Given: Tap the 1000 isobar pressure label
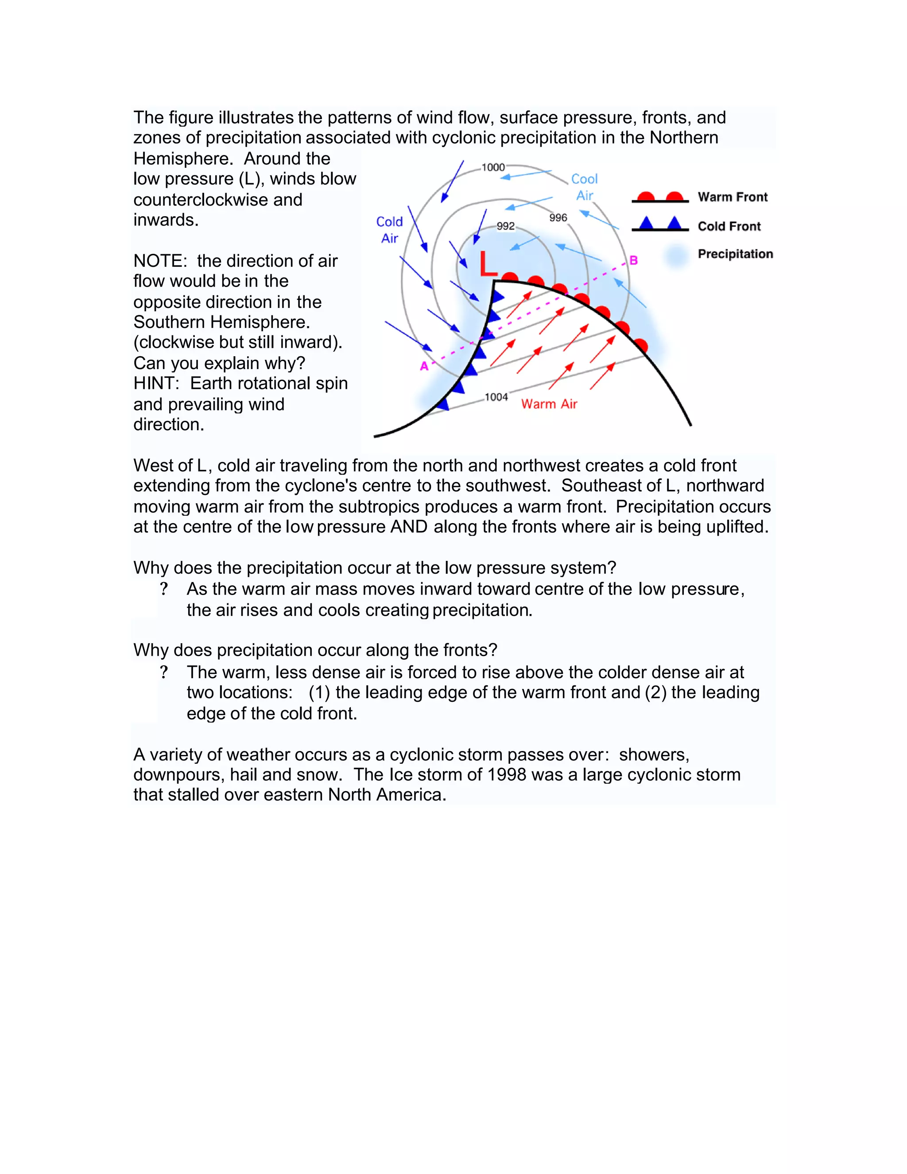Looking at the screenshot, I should point(493,167).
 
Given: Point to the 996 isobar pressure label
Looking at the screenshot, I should point(558,218).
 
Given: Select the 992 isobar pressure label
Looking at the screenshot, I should point(505,226).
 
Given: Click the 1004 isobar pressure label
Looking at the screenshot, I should point(496,397).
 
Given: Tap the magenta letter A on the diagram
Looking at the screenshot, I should point(424,366).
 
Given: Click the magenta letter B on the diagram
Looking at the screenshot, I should point(633,260).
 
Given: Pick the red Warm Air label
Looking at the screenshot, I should point(549,404).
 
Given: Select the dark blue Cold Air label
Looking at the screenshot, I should point(390,229).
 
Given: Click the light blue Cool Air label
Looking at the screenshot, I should point(584,187).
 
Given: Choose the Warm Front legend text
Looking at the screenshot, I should point(733,197).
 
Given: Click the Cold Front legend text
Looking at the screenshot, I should point(729,226).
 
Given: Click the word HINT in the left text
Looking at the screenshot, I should point(156,384).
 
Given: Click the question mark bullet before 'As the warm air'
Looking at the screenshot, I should point(164,589).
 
